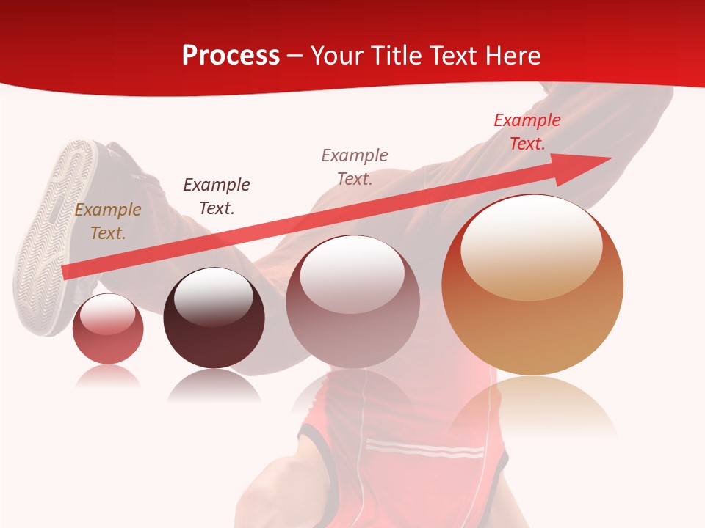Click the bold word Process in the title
tap(231, 56)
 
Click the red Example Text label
tap(527, 132)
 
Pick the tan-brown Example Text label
tap(107, 221)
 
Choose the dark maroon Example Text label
tap(216, 197)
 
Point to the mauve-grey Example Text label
tap(355, 166)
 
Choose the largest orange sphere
tap(532, 323)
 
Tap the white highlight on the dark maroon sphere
tap(213, 297)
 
